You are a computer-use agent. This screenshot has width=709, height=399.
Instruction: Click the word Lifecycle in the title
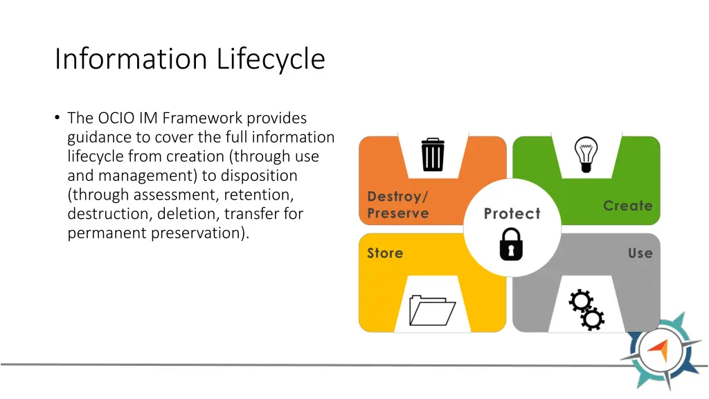271,59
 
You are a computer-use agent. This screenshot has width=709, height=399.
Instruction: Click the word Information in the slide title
132,59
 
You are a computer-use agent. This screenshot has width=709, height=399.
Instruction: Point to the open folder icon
432,310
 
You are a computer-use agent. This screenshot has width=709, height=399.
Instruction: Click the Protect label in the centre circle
512,213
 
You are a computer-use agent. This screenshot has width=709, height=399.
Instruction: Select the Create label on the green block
627,206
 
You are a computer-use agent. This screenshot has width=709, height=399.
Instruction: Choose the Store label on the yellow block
385,253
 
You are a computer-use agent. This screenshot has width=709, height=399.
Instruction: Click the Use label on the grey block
640,253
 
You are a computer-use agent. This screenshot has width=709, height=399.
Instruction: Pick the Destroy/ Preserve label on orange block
398,205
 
